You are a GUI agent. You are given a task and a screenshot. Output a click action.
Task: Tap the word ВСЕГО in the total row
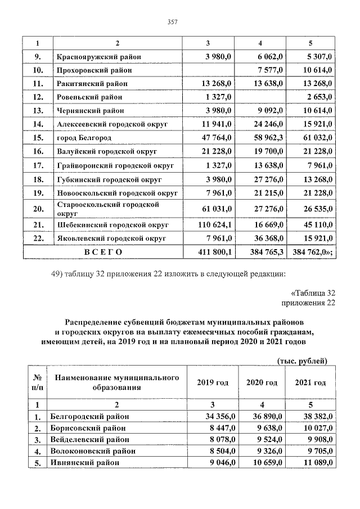click(x=103, y=252)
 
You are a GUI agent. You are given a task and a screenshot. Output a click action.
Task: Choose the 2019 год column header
click(x=212, y=382)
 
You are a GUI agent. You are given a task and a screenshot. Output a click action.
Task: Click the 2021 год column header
click(x=310, y=382)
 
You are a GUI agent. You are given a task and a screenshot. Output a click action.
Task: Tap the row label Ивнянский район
click(x=84, y=462)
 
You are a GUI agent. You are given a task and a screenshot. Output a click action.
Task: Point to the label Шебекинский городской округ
click(x=112, y=224)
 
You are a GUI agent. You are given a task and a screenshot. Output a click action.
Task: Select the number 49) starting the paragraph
click(x=58, y=274)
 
